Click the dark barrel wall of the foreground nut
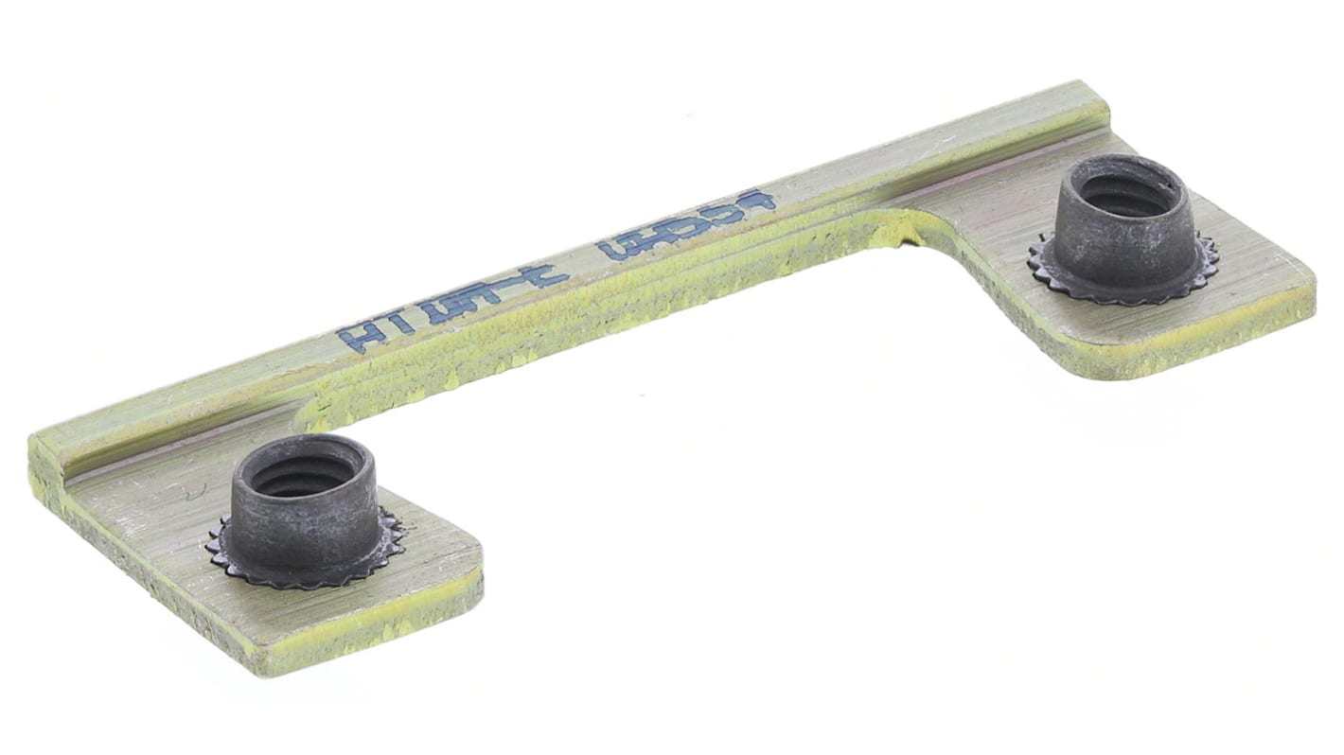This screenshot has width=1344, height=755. [303, 530]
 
